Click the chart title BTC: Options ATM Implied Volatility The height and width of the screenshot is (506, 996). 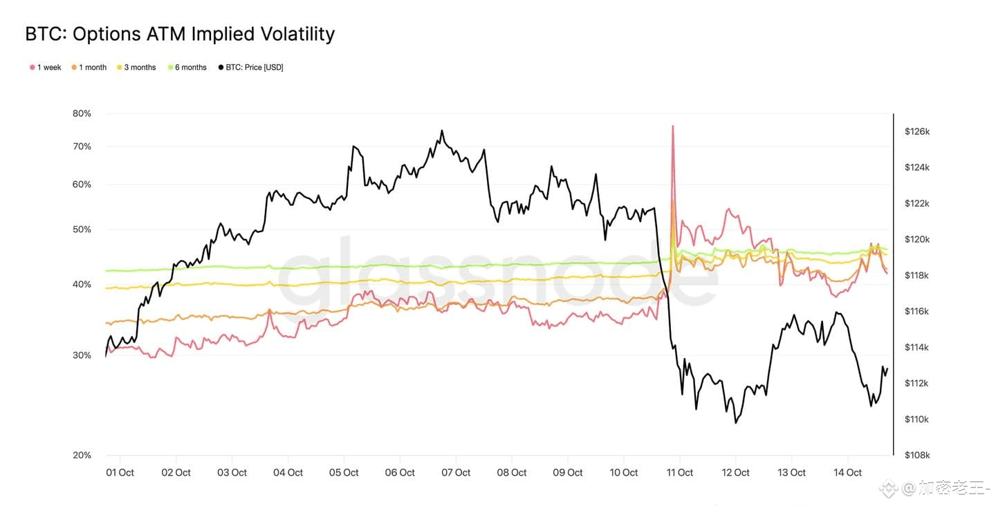click(x=180, y=34)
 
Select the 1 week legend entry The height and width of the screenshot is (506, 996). click(x=46, y=67)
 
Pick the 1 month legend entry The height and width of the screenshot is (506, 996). click(x=89, y=67)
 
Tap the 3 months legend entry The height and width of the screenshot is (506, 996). click(x=136, y=67)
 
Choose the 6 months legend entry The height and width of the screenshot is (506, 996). click(x=187, y=67)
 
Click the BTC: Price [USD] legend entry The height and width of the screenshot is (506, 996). click(x=250, y=67)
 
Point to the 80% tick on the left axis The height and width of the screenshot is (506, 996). click(x=82, y=113)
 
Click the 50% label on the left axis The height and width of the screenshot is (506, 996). click(x=82, y=229)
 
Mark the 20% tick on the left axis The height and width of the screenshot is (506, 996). click(x=82, y=455)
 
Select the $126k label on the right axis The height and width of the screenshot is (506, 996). click(x=917, y=131)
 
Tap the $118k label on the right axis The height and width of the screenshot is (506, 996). click(x=917, y=275)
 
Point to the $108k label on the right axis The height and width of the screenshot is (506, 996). click(x=917, y=455)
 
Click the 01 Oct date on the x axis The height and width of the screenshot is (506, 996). click(x=120, y=473)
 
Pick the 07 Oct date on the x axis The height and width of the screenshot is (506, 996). click(x=456, y=473)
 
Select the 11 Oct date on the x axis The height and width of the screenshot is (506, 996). click(x=679, y=473)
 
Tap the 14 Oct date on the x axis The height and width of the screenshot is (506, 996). click(x=847, y=473)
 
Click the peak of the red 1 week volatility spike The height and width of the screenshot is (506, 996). click(x=672, y=126)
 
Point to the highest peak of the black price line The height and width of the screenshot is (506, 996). click(x=442, y=131)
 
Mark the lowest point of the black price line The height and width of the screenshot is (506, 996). click(x=736, y=422)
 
